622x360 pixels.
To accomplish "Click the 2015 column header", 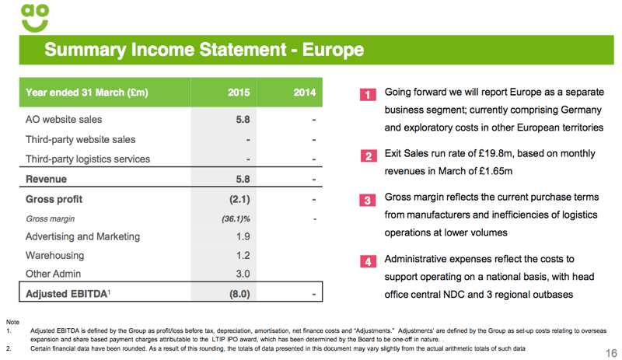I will click(x=239, y=93).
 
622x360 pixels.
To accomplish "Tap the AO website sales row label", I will click(x=64, y=120).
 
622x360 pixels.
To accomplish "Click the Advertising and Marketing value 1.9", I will click(x=242, y=236).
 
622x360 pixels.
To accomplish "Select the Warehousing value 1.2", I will click(x=242, y=255).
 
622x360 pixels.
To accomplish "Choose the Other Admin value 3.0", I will click(x=242, y=274).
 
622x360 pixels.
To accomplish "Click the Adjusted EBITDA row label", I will click(x=66, y=294).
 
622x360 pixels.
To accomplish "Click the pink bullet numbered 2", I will click(x=368, y=156).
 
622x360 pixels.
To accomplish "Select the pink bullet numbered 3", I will click(x=368, y=201).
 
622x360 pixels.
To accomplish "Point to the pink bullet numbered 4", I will click(x=368, y=260).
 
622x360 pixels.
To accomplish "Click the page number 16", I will click(x=610, y=353).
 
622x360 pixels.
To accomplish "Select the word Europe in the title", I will click(x=332, y=51).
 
